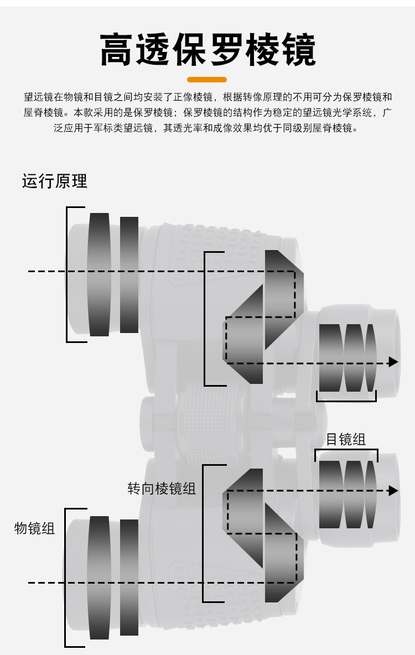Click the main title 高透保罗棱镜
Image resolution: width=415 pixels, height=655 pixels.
(207, 50)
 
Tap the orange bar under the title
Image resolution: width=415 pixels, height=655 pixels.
(207, 79)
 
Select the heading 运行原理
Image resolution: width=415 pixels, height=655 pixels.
(54, 181)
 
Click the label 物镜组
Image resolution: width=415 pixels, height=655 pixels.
(35, 528)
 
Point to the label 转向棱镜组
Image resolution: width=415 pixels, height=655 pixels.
(162, 488)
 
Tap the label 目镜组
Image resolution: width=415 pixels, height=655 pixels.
(346, 439)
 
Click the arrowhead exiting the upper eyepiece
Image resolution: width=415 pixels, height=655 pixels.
(393, 362)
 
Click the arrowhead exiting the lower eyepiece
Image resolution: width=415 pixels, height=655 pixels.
(393, 490)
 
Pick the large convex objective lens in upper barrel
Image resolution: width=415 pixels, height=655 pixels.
(99, 274)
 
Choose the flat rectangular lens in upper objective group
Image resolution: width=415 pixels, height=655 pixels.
(129, 275)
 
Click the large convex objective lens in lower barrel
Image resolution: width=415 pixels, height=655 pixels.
(99, 578)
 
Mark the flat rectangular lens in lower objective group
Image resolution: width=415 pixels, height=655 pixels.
(129, 578)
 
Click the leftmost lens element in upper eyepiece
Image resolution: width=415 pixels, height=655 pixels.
(330, 358)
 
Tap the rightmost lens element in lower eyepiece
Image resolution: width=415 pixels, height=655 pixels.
(371, 495)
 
